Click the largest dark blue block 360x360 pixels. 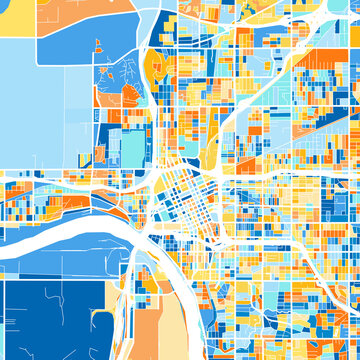(50, 320)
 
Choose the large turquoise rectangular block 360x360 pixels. (131, 150)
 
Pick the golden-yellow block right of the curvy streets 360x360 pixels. (154, 70)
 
